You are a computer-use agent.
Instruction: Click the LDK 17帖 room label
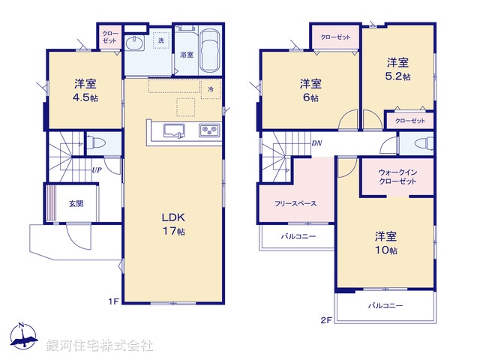173,223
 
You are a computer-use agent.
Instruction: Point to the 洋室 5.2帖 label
398,70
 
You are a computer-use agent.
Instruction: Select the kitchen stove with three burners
208,131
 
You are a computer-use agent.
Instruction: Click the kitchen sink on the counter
170,132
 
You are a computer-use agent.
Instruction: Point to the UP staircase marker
97,169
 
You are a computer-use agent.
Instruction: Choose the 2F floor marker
325,320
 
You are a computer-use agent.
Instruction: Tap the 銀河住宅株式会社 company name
99,346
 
